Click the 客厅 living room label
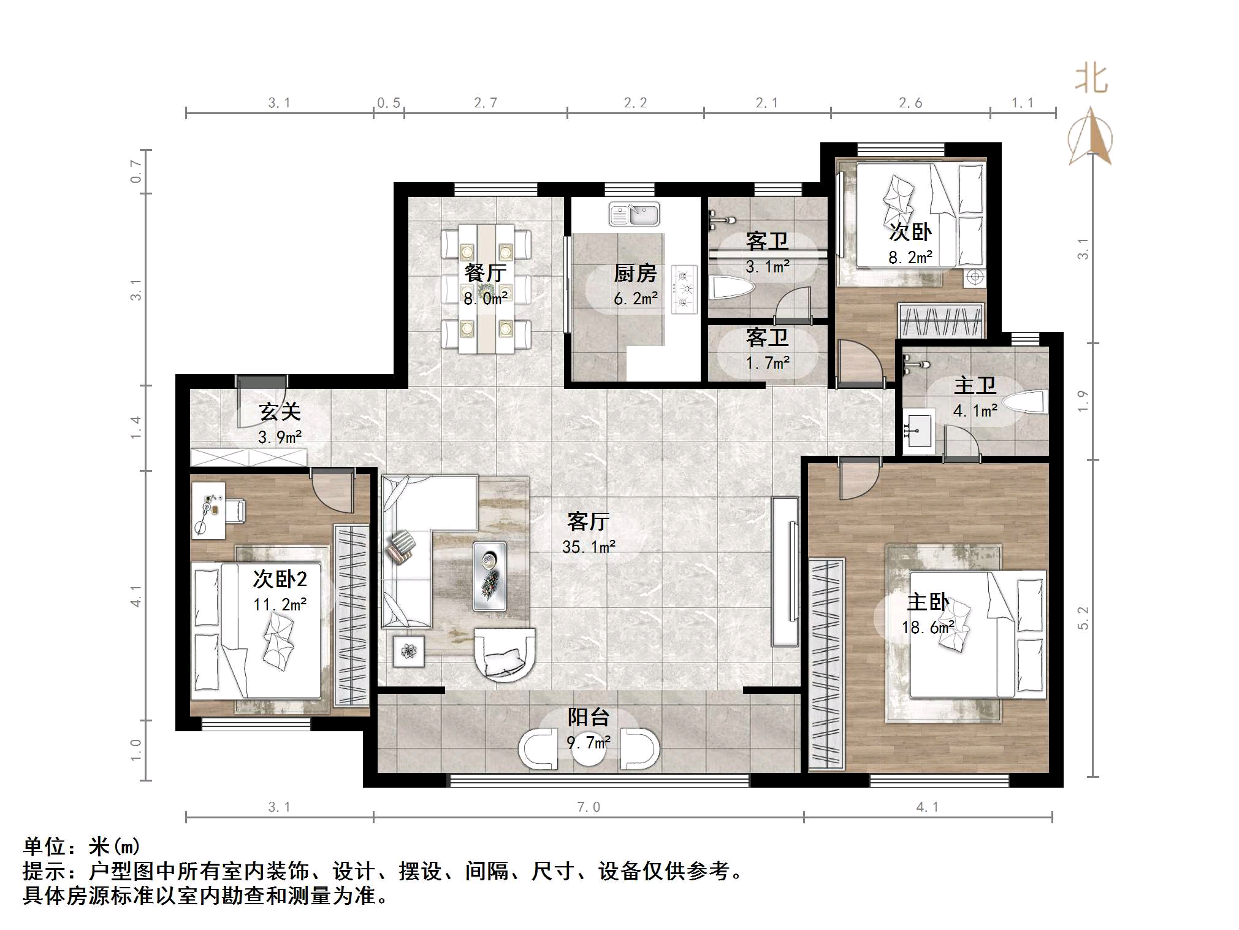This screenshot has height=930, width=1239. [x=588, y=521]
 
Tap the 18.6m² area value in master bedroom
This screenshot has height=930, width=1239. [x=927, y=628]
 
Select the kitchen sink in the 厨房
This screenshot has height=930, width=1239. [x=634, y=215]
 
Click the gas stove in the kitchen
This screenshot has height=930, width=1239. [x=684, y=289]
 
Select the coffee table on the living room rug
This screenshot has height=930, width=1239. [x=490, y=576]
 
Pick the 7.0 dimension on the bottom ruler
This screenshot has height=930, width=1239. [x=588, y=807]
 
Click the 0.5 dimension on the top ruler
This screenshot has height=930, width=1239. [x=389, y=103]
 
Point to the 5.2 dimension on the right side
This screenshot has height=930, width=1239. [x=1083, y=618]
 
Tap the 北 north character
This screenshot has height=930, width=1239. [x=1091, y=79]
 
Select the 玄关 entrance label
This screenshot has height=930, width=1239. [x=280, y=411]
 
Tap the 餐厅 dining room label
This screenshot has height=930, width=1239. [x=485, y=273]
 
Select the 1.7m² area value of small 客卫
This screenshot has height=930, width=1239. [x=767, y=363]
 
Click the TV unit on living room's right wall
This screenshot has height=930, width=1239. [x=785, y=571]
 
